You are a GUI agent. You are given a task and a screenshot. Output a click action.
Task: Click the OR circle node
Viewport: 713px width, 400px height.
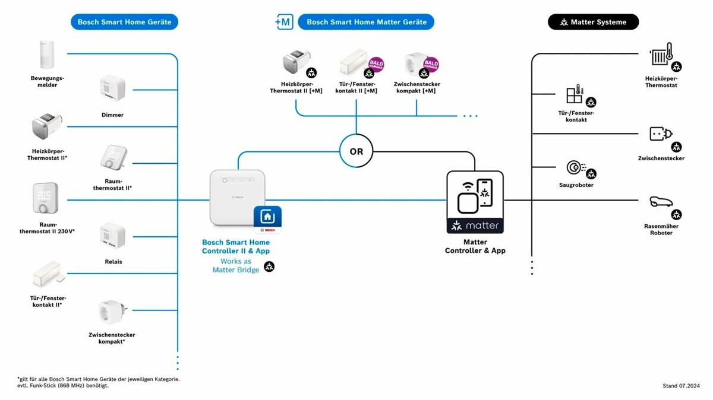pyautogui.click(x=356, y=151)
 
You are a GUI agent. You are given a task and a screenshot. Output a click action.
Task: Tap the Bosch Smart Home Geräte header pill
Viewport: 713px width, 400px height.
pyautogui.click(x=124, y=22)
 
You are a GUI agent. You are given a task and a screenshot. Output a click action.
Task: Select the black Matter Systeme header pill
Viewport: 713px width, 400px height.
pyautogui.click(x=593, y=22)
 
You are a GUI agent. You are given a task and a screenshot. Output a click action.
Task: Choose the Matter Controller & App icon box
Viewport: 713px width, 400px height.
pyautogui.click(x=475, y=201)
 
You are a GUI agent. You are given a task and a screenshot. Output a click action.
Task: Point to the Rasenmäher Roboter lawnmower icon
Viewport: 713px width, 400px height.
pyautogui.click(x=660, y=203)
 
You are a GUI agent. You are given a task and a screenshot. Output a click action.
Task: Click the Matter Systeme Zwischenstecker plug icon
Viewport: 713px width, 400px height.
pyautogui.click(x=660, y=134)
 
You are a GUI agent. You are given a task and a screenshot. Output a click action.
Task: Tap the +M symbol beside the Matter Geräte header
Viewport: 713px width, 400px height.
pyautogui.click(x=284, y=22)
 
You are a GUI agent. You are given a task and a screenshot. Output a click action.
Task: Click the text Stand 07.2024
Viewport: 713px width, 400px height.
pyautogui.click(x=681, y=386)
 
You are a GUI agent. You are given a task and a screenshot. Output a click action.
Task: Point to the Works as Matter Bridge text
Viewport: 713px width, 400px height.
pyautogui.click(x=236, y=265)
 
